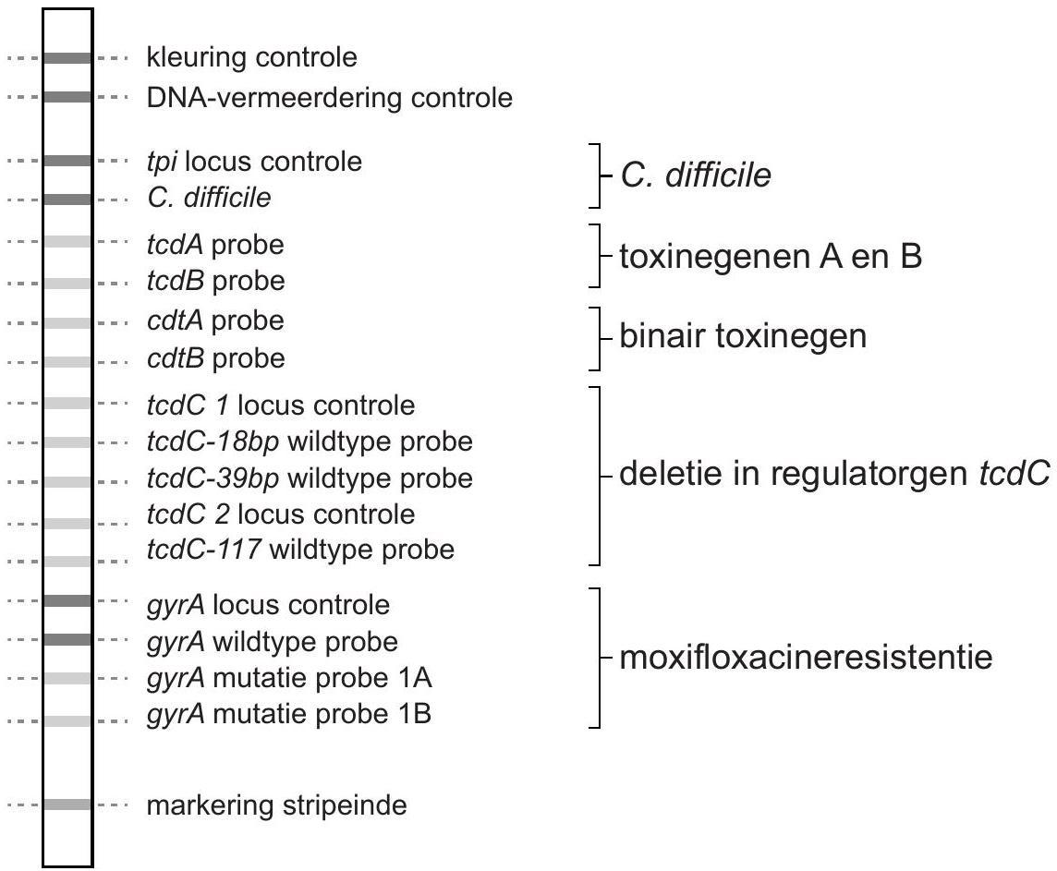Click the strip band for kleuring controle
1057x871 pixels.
tap(67, 58)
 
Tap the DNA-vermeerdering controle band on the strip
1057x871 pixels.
tap(67, 96)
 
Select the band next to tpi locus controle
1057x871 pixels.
tap(67, 161)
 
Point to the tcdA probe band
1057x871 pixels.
tap(67, 242)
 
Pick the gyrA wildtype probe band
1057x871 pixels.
tap(67, 639)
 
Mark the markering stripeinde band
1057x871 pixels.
tap(67, 804)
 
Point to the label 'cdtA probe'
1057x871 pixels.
tap(215, 321)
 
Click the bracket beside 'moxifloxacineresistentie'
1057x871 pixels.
tap(601, 658)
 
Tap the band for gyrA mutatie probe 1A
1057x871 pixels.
tap(67, 678)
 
